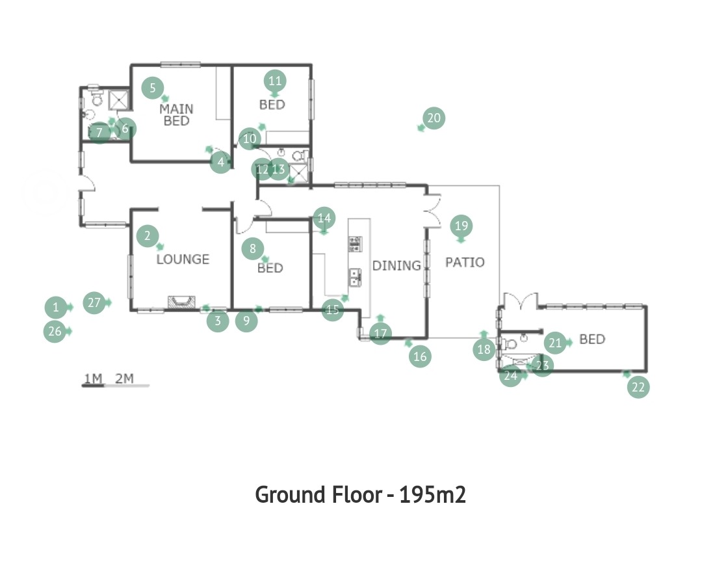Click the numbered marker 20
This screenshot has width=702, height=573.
(434, 118)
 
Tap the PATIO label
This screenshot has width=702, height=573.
(465, 262)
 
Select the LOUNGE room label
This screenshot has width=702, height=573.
(183, 259)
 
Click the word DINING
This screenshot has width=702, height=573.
(396, 265)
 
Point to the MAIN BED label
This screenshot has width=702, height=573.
(176, 114)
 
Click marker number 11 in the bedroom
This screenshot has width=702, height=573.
(275, 81)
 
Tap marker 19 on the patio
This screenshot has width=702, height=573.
(461, 225)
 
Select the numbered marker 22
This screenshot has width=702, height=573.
(638, 386)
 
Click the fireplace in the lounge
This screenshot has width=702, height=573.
(181, 302)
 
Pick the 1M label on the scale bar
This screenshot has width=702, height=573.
(93, 379)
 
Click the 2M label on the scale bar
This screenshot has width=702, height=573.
(124, 379)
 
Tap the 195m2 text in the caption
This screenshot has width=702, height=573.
(432, 495)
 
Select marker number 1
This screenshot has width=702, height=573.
(56, 308)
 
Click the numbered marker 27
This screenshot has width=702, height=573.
(94, 303)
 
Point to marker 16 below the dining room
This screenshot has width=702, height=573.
(420, 356)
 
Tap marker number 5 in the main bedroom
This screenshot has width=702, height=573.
(153, 88)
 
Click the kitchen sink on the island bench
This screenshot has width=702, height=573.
(355, 277)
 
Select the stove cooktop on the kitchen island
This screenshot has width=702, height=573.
(355, 244)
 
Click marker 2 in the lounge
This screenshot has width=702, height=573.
(148, 235)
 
